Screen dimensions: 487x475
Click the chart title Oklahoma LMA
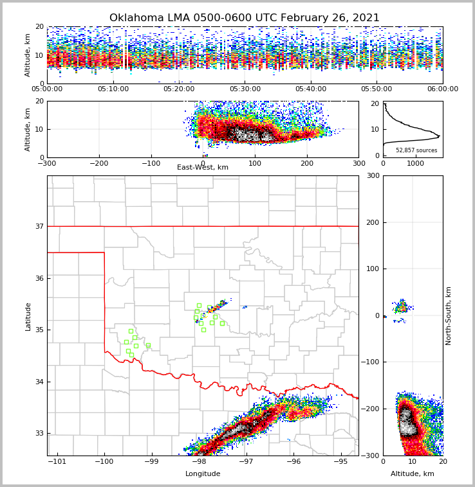[x=244, y=18]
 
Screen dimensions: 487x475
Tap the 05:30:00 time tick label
[x=245, y=89]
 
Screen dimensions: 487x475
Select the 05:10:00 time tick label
[x=113, y=89]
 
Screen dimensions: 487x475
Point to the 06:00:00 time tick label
[x=442, y=89]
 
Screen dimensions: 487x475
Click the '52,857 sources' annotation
[x=416, y=150]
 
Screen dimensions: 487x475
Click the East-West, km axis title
[x=203, y=168]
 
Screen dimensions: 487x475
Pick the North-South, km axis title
[x=449, y=315]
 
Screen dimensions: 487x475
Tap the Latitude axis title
[x=28, y=316]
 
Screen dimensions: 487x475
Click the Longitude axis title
[x=203, y=474]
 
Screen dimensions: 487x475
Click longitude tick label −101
[x=58, y=462]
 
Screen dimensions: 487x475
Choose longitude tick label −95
[x=340, y=462]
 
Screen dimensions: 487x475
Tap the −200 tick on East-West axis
[x=99, y=163]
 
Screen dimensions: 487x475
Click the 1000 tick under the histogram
[x=416, y=163]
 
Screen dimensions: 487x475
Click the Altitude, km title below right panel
[x=413, y=474]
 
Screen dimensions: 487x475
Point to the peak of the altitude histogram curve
[x=439, y=136]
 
